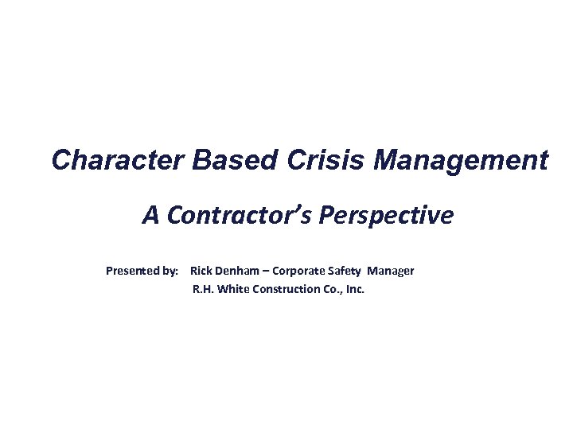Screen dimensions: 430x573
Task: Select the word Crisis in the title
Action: pyautogui.click(x=322, y=161)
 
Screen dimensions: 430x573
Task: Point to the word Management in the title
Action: pyautogui.click(x=461, y=161)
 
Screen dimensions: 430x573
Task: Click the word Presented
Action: pyautogui.click(x=132, y=271)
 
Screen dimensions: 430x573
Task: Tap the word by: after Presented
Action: pyautogui.click(x=170, y=271)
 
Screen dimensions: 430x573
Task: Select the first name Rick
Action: pyautogui.click(x=202, y=271)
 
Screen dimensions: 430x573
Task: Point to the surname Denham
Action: pyautogui.click(x=243, y=271)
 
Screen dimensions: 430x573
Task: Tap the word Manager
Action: pyautogui.click(x=392, y=271)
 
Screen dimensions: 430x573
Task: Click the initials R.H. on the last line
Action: pyautogui.click(x=204, y=289)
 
